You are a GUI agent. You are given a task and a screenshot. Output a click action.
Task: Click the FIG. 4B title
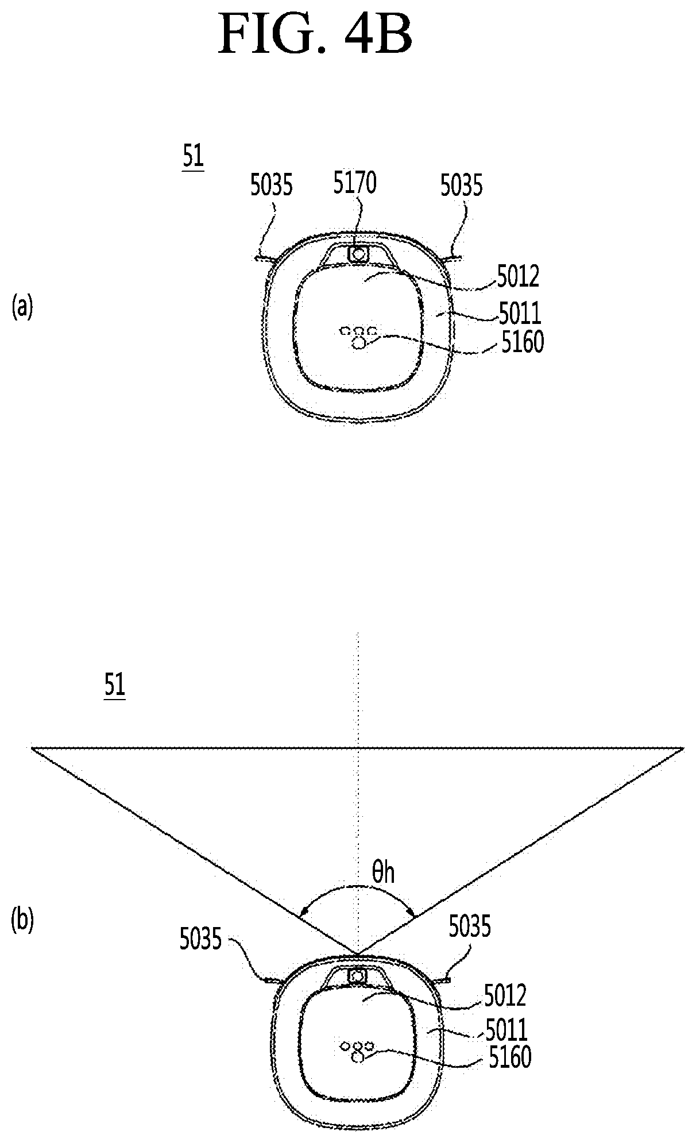tap(315, 34)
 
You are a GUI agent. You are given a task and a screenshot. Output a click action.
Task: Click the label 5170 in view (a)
tap(355, 184)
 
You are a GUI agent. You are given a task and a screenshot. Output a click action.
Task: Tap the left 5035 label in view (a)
tap(272, 186)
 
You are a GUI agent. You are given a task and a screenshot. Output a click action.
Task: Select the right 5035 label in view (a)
tap(462, 186)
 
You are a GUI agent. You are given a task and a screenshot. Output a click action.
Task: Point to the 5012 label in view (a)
tap(519, 277)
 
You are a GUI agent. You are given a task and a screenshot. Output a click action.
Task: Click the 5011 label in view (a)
tap(520, 314)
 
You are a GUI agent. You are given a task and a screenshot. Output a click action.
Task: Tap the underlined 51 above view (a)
tap(194, 157)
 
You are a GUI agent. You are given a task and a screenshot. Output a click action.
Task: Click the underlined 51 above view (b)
tap(114, 686)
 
